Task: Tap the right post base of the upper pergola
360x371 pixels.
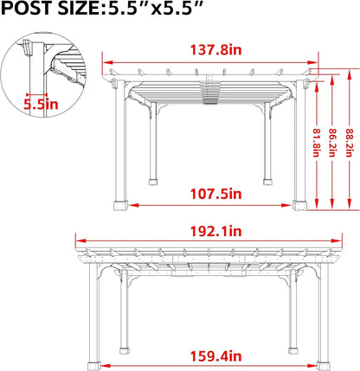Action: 299,205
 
